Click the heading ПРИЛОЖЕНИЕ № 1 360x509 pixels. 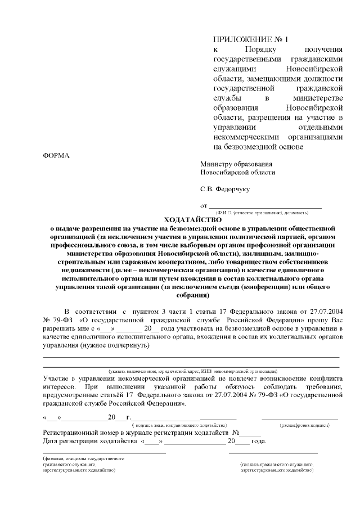pos(250,40)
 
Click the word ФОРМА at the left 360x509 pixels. pos(56,155)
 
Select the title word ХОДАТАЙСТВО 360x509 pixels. pos(192,219)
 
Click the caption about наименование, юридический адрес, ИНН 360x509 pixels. pos(192,371)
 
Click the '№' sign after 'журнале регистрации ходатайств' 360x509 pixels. pos(236,433)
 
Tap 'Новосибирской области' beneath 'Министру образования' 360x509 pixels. pos(238,173)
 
